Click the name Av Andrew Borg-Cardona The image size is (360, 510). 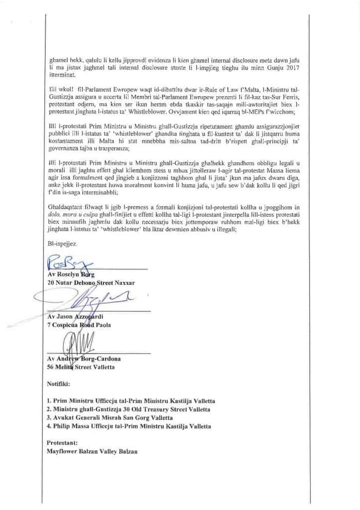pyautogui.click(x=81, y=360)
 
